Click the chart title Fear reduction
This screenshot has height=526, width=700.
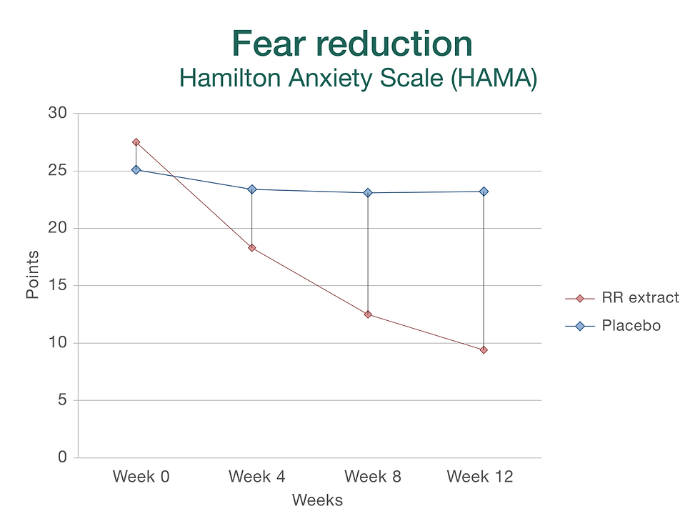(352, 44)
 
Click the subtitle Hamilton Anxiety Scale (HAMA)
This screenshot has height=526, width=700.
(358, 78)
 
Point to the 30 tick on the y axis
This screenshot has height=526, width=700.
(59, 114)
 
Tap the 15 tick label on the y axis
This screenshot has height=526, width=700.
(59, 286)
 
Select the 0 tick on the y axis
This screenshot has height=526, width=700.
(62, 457)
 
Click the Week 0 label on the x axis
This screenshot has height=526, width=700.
(141, 477)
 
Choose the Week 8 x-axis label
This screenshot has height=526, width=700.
(372, 477)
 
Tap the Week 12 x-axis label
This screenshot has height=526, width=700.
(480, 477)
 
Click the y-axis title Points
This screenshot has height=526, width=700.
(33, 275)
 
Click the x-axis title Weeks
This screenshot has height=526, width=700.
(317, 500)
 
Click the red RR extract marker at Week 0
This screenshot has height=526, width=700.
(136, 142)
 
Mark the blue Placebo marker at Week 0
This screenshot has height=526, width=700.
(136, 170)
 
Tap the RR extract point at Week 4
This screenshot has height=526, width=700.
(252, 248)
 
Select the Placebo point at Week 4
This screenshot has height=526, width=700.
(252, 189)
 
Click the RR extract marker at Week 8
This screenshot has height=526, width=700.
(368, 314)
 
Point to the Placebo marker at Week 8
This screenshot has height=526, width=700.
(368, 193)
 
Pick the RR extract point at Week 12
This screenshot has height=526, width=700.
(484, 350)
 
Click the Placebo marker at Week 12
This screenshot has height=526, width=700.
(484, 192)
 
